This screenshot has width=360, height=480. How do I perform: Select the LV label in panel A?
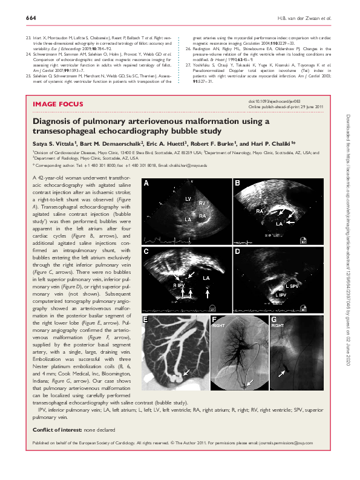pos(188,198)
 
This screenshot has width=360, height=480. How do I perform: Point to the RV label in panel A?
pos(203,203)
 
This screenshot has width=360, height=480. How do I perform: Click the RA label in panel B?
pos(259,212)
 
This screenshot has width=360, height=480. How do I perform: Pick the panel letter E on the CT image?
pos(145,319)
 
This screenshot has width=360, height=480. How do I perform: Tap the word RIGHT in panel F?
pos(220,325)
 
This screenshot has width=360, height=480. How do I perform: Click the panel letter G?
pos(273,319)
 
